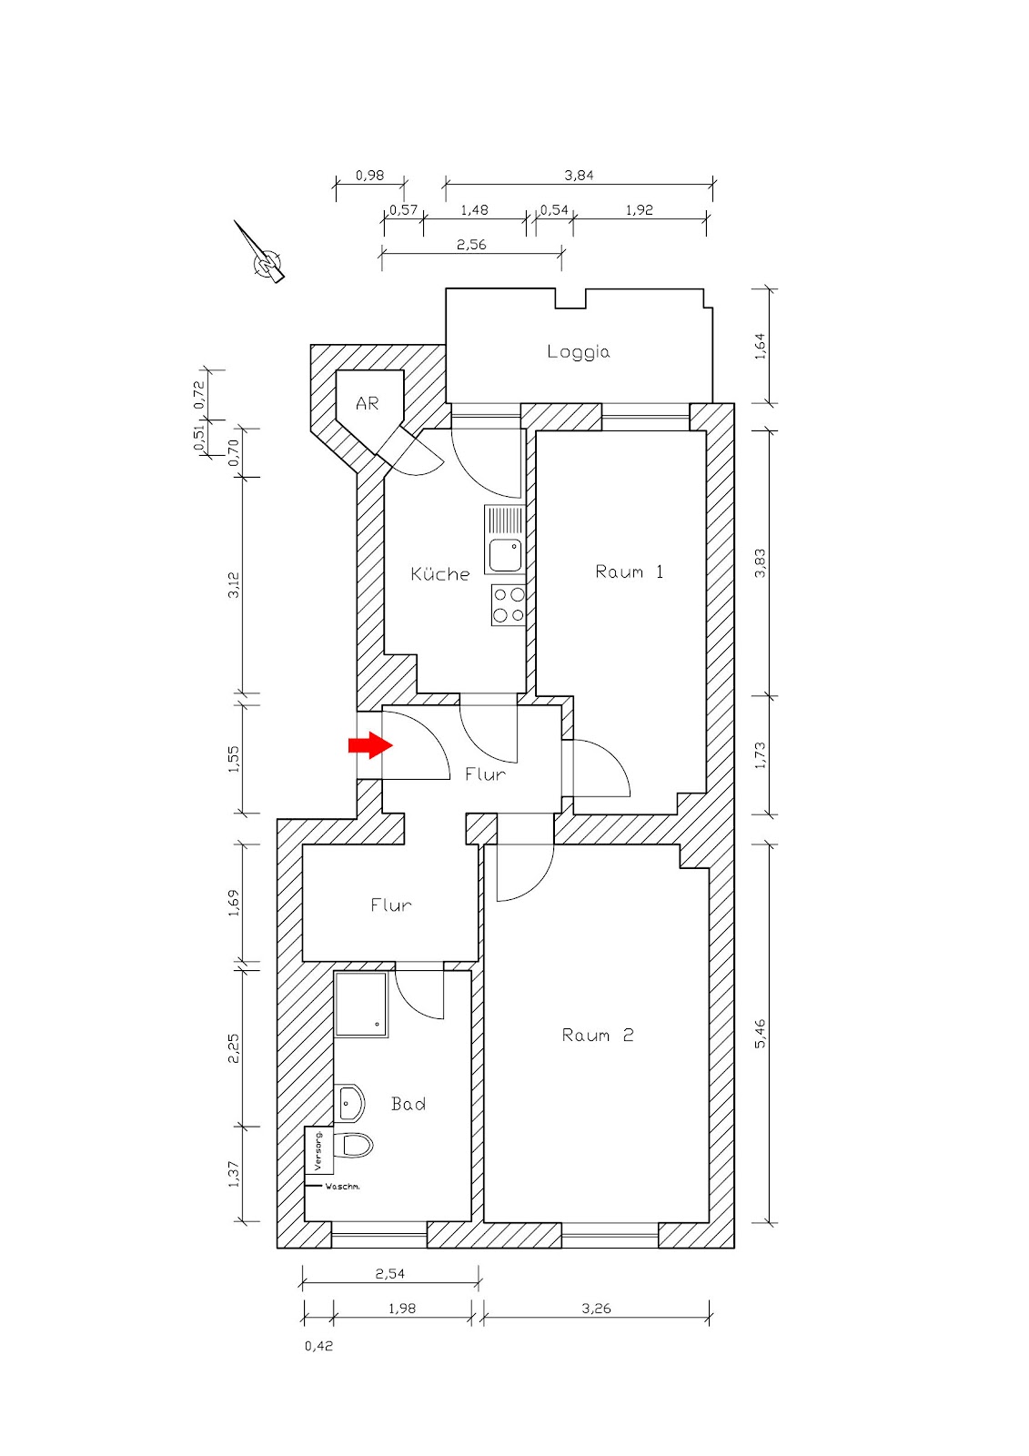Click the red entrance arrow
pos(369,746)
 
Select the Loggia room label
pos(579,352)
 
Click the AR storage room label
pos(367,403)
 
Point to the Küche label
pos(440,574)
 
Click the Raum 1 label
pos(629,571)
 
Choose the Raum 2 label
pos(598,1035)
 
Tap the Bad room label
pos(409,1104)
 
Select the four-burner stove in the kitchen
pos(509,605)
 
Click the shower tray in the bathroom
pos(361,1005)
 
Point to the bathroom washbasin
pos(350,1103)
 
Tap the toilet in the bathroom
pos(356,1145)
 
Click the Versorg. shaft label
pos(318,1150)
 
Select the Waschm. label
pos(342,1187)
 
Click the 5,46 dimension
pos(761,1033)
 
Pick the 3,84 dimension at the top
pos(579,176)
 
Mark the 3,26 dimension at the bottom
pos(596,1309)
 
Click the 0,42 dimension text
pos(318,1346)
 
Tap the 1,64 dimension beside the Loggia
pos(761,346)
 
